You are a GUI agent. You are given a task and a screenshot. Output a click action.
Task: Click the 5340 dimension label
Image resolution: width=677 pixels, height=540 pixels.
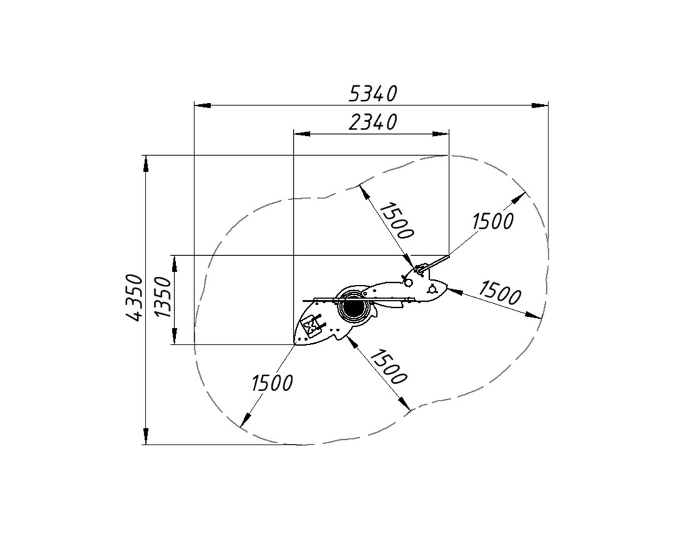pos(372,93)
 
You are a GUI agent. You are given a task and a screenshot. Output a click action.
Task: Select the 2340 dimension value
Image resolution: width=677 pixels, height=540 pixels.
pos(372,122)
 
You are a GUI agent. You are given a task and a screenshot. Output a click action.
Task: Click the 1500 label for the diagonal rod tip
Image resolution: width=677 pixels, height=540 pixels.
pos(493,221)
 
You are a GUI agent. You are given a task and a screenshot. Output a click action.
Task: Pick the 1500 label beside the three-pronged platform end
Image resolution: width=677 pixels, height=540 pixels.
pos(500,292)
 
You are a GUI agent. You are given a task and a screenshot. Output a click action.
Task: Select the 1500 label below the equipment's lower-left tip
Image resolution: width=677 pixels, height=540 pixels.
pos(272,382)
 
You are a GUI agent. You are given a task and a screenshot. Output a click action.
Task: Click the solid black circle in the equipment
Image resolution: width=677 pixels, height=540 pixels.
pos(354,307)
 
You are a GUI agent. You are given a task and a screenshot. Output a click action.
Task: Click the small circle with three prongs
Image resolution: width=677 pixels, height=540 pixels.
pos(432,289)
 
